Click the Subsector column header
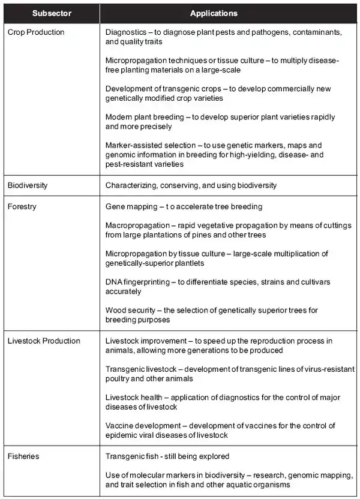point(52,13)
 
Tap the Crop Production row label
point(36,32)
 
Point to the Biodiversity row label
point(28,185)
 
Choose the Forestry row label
point(22,207)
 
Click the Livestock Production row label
point(44,341)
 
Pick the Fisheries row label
point(24,456)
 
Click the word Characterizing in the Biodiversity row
point(129,185)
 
